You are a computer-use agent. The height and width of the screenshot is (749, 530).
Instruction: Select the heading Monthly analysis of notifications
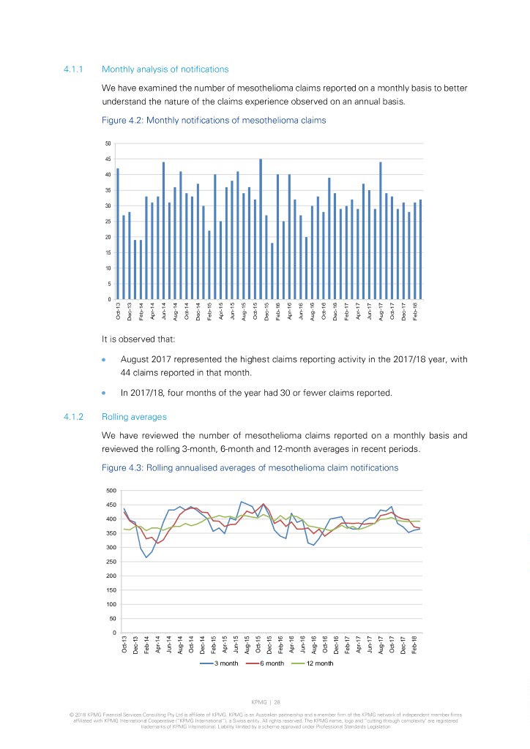point(165,69)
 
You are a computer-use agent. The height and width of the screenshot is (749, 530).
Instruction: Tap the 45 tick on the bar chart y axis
point(109,159)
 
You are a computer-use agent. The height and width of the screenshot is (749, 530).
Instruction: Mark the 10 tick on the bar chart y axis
point(109,268)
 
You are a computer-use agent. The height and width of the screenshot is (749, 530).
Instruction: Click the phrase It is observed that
point(138,339)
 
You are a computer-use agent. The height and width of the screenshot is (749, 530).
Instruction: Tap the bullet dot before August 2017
point(105,360)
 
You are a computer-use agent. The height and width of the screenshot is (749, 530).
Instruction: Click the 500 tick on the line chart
point(111,490)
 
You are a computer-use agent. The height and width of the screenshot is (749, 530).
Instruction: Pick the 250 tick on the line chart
point(111,562)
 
